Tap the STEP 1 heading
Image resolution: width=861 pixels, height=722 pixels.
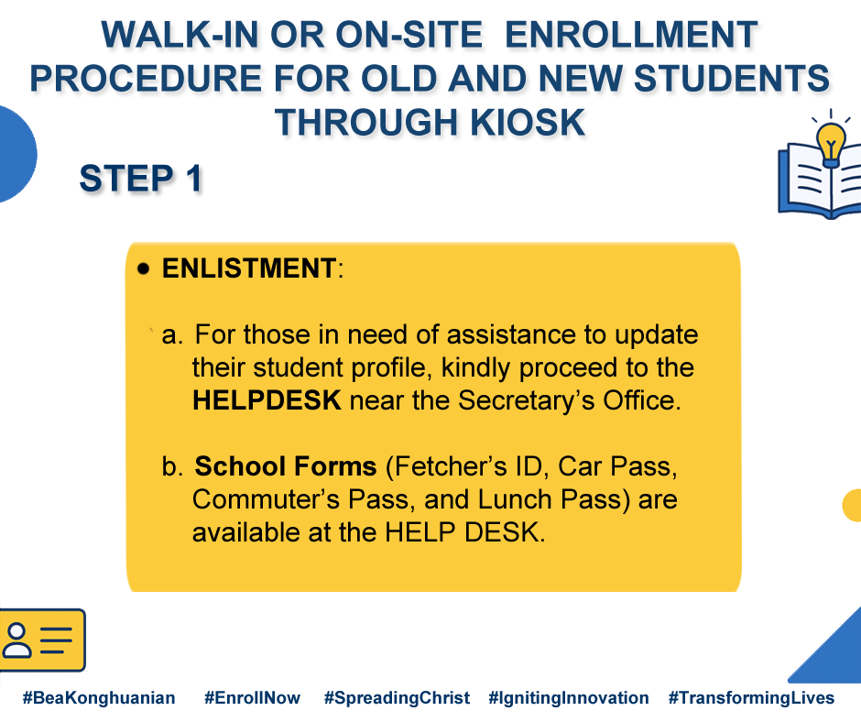pos(140,179)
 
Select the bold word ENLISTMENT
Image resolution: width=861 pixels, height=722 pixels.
pos(249,268)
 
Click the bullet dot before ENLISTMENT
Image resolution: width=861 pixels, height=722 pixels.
pos(144,268)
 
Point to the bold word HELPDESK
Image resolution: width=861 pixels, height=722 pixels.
pos(267,400)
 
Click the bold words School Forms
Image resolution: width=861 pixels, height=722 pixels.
pos(286,466)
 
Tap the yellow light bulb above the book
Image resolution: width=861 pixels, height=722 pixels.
pos(831,145)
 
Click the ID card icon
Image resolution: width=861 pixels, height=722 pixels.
pos(42,640)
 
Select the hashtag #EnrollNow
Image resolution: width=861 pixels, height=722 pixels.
pos(252,698)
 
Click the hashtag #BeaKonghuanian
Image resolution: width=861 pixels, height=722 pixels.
pos(99,698)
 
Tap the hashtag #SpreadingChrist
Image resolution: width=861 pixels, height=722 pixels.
pos(397,698)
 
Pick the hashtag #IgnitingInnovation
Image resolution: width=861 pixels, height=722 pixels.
pos(568,698)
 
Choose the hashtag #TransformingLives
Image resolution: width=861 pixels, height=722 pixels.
pos(751,698)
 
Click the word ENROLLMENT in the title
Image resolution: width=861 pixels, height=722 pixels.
pos(631,35)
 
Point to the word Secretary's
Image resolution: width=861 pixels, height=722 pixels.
pos(526,400)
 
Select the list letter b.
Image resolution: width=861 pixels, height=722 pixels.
pos(172,466)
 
